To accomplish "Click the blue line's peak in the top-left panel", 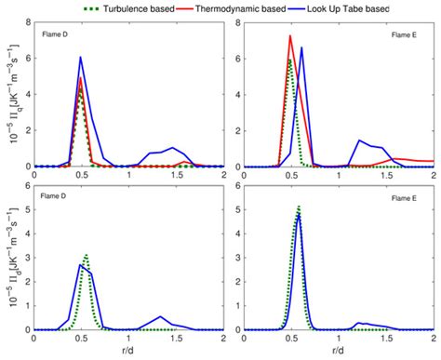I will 81,58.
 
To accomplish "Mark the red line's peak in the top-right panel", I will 290,36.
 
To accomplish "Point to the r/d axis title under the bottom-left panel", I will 128,354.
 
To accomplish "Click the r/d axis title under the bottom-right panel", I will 338,354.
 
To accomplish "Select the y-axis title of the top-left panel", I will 10,97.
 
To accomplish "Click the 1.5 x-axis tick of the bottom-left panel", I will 176,340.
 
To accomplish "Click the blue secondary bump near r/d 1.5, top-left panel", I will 174,148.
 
